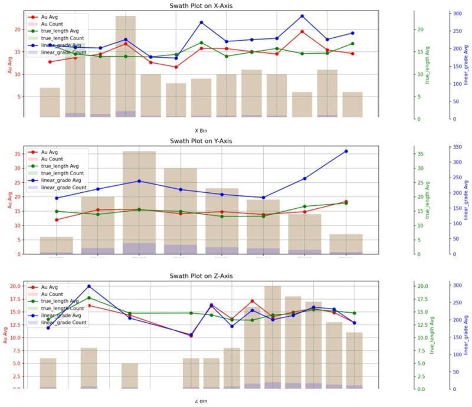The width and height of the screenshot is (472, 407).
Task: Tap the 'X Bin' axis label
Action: [x=201, y=130]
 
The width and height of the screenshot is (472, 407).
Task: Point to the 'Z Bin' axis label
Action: [x=201, y=401]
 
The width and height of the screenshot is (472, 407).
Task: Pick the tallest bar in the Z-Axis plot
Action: [x=273, y=337]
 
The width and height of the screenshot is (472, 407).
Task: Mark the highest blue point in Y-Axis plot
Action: [x=346, y=151]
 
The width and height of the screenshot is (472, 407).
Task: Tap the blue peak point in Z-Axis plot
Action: [x=88, y=287]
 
